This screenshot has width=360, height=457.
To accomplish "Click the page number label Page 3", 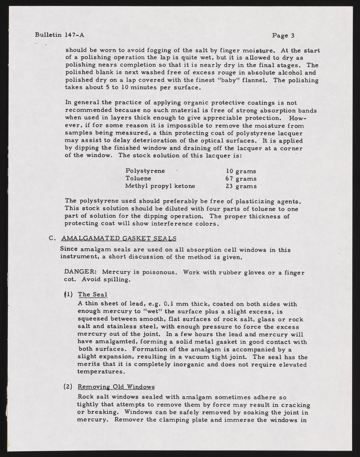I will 283,35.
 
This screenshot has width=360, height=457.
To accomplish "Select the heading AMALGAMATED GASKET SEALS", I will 118,238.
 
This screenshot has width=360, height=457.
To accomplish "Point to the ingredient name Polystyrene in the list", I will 145,171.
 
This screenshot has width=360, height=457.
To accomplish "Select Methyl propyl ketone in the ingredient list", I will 160,186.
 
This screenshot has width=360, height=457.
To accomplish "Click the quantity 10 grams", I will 241,171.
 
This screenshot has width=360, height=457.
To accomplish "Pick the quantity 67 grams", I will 241,179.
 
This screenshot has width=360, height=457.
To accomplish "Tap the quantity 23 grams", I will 241,186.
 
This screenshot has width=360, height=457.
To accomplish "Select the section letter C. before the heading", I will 52,238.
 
